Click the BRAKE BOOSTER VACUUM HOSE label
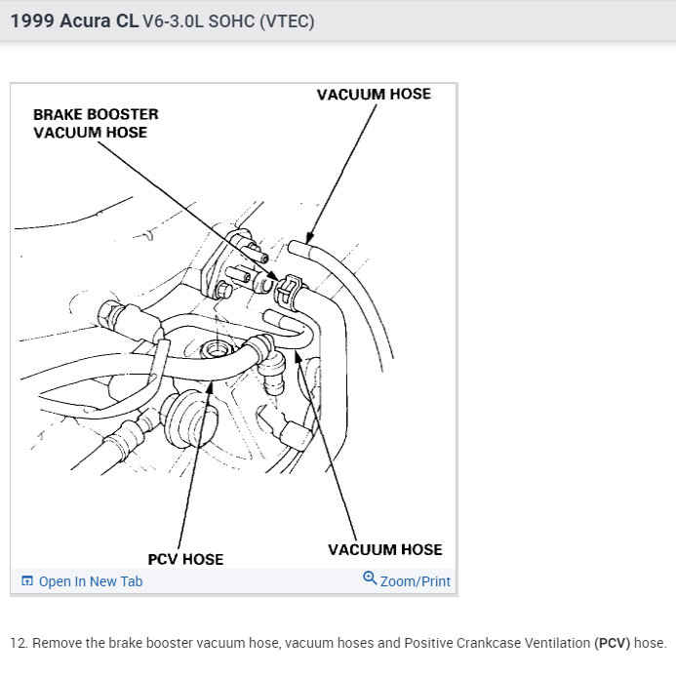click(x=96, y=123)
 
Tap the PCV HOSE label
click(x=185, y=559)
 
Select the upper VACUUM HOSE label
click(x=374, y=95)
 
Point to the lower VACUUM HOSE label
click(x=384, y=549)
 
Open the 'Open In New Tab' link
click(x=90, y=581)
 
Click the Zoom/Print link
click(x=416, y=581)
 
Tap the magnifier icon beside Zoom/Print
click(x=370, y=578)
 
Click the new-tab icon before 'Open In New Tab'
click(x=27, y=581)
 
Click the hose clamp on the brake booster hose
click(x=287, y=290)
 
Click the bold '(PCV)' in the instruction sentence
click(x=612, y=644)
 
